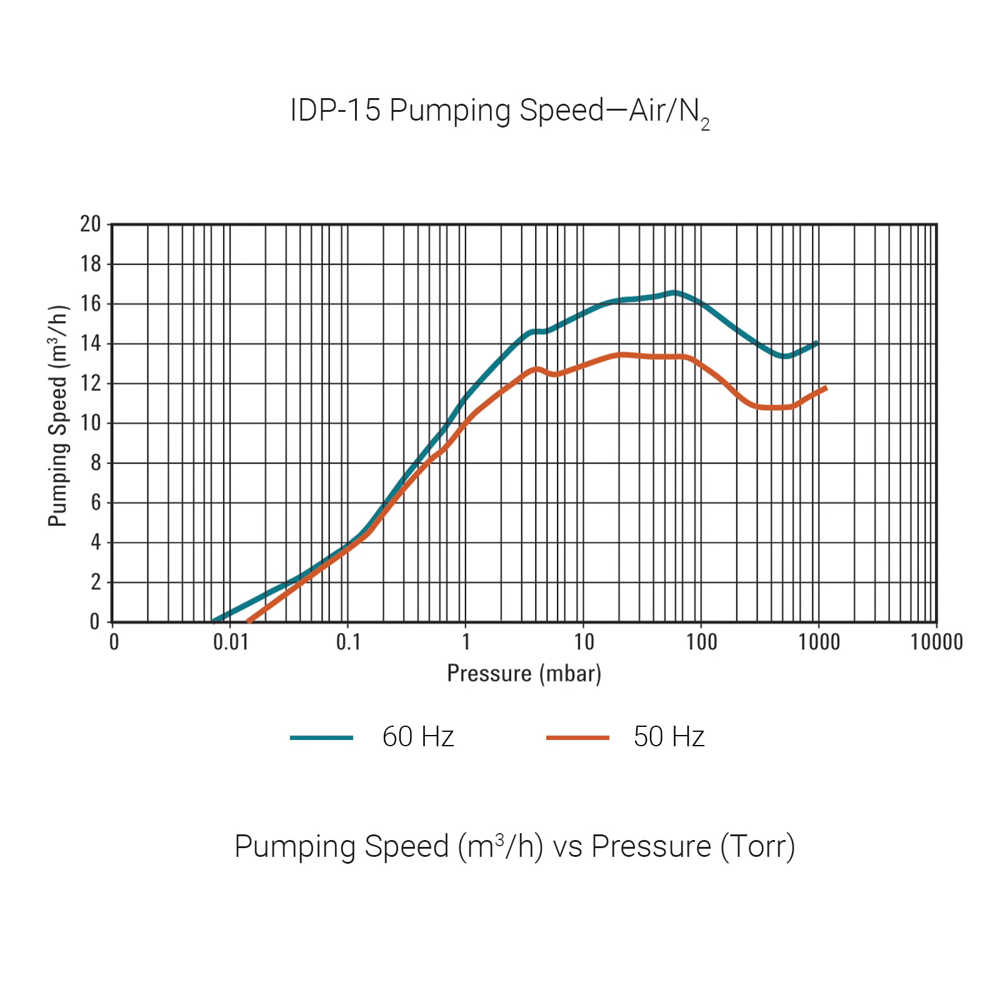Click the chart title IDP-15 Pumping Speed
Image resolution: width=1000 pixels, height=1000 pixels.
pyautogui.click(x=499, y=111)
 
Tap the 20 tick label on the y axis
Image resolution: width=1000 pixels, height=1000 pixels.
pyautogui.click(x=91, y=224)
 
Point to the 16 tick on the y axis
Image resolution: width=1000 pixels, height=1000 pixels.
pyautogui.click(x=91, y=304)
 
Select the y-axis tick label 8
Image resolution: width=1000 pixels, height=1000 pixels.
pyautogui.click(x=96, y=463)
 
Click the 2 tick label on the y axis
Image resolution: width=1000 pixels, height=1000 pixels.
pyautogui.click(x=96, y=582)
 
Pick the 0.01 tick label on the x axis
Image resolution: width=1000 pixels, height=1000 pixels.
pyautogui.click(x=231, y=642)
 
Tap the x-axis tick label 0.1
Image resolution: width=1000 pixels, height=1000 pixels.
pyautogui.click(x=348, y=642)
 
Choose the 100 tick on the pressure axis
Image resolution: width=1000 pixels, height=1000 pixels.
pyautogui.click(x=701, y=642)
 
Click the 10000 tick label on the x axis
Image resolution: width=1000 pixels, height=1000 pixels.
pyautogui.click(x=936, y=642)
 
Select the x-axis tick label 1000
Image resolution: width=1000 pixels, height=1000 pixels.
pyautogui.click(x=819, y=642)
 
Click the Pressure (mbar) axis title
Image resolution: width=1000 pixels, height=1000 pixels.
pyautogui.click(x=524, y=674)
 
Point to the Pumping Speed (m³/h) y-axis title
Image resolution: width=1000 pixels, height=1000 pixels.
pyautogui.click(x=57, y=416)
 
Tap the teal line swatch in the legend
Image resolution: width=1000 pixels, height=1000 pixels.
pyautogui.click(x=321, y=737)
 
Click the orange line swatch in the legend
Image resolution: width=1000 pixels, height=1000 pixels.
pyautogui.click(x=577, y=737)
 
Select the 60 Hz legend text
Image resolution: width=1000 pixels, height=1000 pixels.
pyautogui.click(x=417, y=737)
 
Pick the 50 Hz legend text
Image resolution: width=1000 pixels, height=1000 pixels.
pyautogui.click(x=669, y=737)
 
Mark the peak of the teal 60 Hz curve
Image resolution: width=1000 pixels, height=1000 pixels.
pyautogui.click(x=674, y=292)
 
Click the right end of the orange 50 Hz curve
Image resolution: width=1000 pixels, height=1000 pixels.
pyautogui.click(x=826, y=388)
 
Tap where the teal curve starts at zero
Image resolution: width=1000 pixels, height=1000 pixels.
pyautogui.click(x=214, y=621)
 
